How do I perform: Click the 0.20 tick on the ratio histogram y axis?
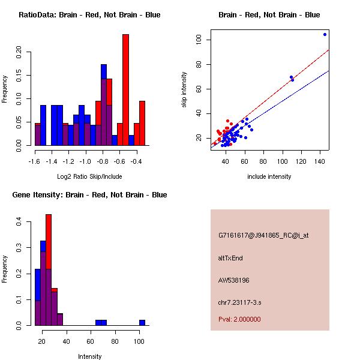[x=19, y=52]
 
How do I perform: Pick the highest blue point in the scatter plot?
[x=325, y=34]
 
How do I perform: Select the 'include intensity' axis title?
[x=269, y=176]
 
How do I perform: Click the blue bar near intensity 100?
[x=142, y=322]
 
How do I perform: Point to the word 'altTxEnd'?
[x=230, y=258]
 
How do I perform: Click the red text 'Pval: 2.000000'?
[x=239, y=319]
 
